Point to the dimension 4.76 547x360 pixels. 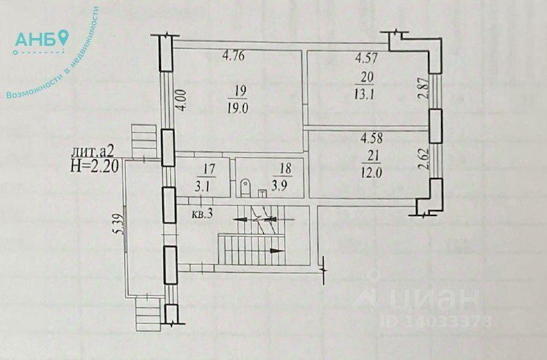point(234,56)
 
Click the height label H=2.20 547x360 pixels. point(93,165)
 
